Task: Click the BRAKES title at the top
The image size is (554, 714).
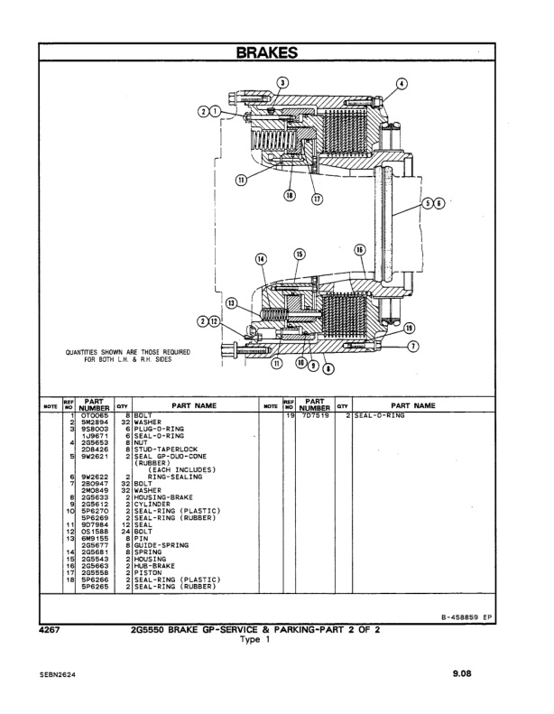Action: (276, 53)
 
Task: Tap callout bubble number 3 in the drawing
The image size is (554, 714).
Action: (282, 83)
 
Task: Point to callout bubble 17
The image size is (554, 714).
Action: (317, 199)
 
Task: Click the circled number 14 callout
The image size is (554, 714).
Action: (263, 258)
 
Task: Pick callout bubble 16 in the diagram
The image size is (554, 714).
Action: (359, 250)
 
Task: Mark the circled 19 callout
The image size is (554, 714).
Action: (410, 328)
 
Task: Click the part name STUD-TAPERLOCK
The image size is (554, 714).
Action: (162, 449)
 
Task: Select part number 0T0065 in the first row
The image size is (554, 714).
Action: (93, 417)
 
